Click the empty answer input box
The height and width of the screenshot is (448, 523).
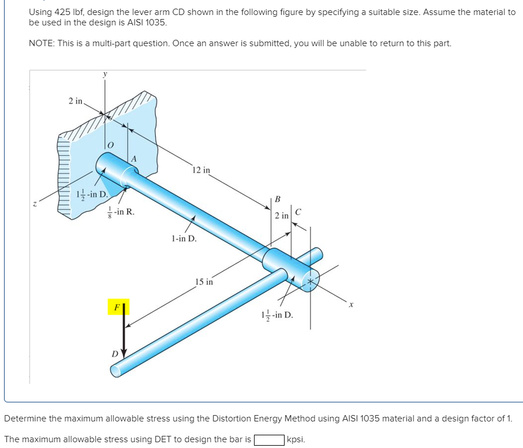269,439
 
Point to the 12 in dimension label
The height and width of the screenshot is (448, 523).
202,170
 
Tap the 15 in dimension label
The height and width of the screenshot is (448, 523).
204,282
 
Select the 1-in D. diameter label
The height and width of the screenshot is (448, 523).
184,238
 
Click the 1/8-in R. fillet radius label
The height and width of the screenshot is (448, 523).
121,212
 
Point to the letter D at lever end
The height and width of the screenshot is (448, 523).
114,353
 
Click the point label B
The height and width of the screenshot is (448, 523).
277,200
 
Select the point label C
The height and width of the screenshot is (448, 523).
298,212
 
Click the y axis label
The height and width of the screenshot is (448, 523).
104,74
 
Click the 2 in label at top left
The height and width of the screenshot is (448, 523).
75,102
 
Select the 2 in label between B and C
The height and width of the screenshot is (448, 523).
282,215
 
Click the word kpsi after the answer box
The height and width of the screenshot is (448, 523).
296,439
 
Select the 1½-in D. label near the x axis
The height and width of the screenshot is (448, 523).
277,315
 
